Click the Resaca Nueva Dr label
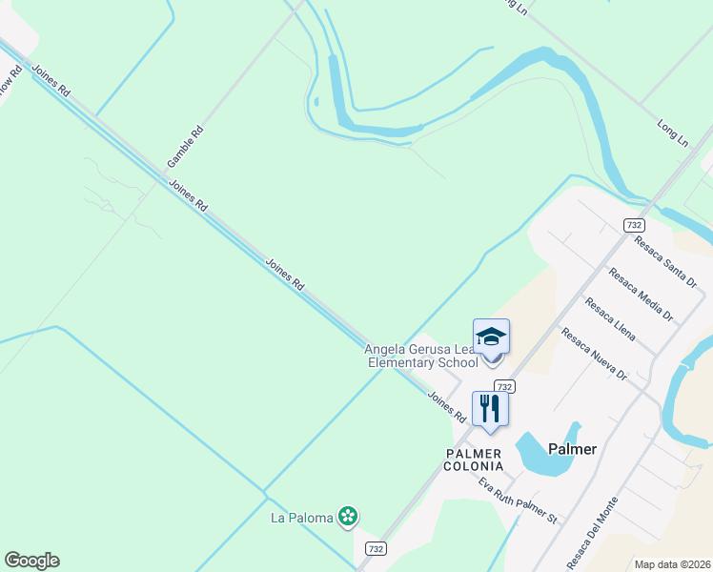pyautogui.click(x=594, y=354)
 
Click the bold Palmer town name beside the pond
pyautogui.click(x=573, y=448)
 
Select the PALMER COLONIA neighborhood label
pyautogui.click(x=475, y=460)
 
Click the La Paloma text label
pyautogui.click(x=302, y=518)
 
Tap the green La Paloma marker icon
pyautogui.click(x=349, y=517)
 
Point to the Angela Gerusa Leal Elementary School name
pyautogui.click(x=420, y=356)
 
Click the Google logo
pyautogui.click(x=31, y=561)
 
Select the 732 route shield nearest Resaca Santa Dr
pyautogui.click(x=634, y=225)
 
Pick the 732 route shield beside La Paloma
pyautogui.click(x=376, y=548)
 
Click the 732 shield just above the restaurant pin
pyautogui.click(x=505, y=386)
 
